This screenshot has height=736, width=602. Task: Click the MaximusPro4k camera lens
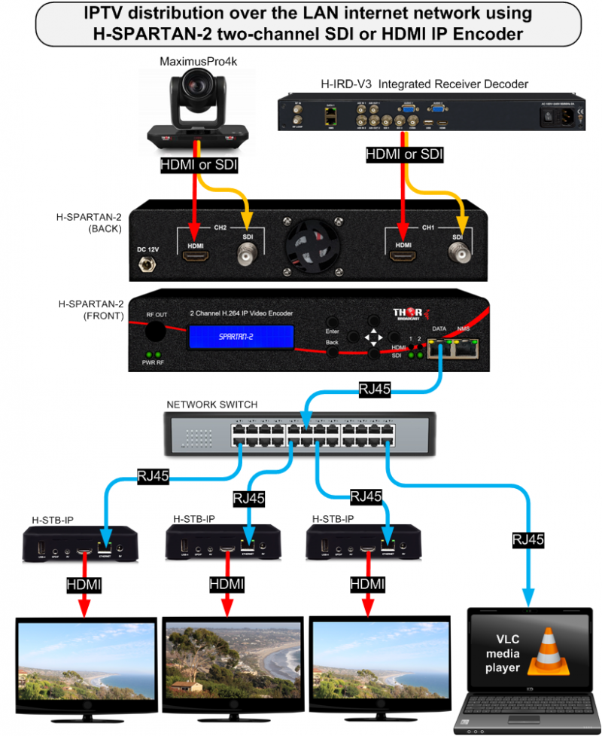point(198,96)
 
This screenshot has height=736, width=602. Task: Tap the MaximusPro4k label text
point(193,60)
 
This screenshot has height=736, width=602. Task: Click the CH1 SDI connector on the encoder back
point(458,257)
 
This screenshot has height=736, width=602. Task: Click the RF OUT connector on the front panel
point(156,331)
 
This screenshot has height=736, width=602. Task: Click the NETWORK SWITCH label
point(211,405)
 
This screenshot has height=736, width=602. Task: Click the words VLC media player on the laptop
point(503,653)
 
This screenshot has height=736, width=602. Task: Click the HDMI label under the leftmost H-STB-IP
point(84,584)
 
